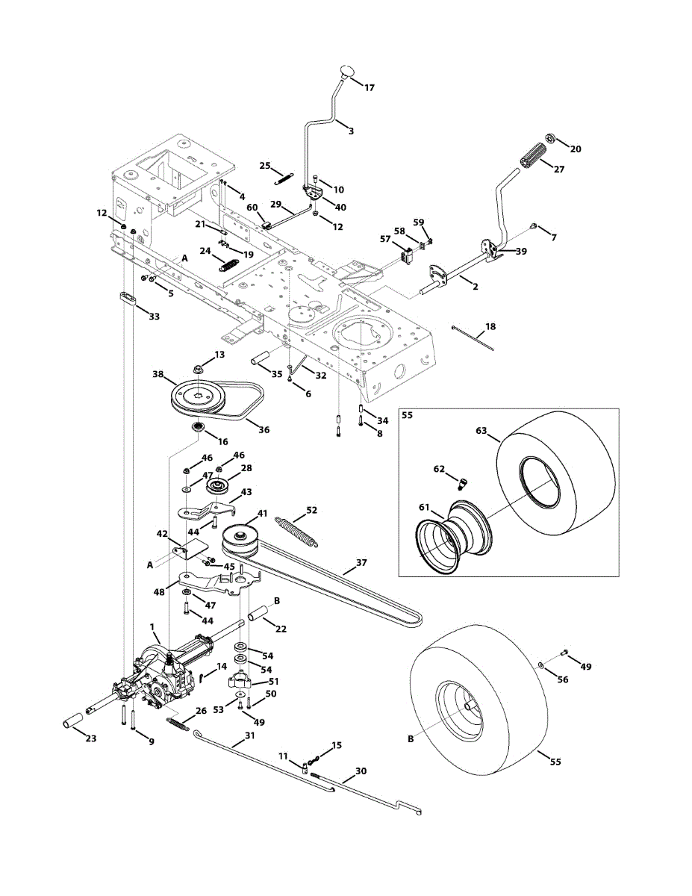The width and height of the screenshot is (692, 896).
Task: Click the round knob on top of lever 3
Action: [x=347, y=71]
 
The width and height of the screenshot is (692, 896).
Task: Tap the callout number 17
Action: [x=370, y=88]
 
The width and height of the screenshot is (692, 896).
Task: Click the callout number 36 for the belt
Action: [x=264, y=429]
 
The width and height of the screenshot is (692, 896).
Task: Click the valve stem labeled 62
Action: [x=464, y=482]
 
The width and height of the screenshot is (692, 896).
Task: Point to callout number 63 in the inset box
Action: [x=481, y=431]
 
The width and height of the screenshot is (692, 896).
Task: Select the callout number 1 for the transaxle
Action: [x=152, y=638]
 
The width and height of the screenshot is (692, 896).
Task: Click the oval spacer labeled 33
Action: [x=129, y=298]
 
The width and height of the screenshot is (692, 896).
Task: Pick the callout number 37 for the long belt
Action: [x=361, y=562]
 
